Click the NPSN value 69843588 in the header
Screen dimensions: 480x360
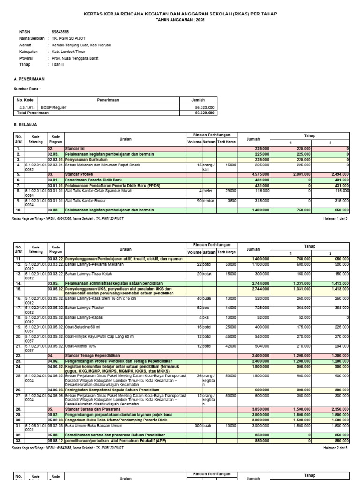[60, 32]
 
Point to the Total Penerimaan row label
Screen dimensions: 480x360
[33, 113]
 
